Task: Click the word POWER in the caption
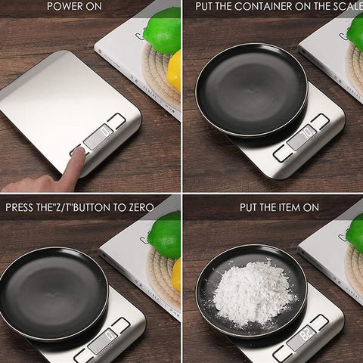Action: click(x=64, y=7)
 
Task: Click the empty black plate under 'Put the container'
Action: click(x=251, y=88)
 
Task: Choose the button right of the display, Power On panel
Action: click(x=116, y=120)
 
